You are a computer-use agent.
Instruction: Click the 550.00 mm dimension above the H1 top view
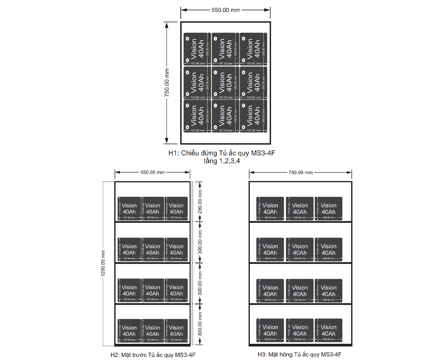(225, 10)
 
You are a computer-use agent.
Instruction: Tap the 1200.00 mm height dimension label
(103, 263)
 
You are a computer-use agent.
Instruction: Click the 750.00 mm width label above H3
(300, 172)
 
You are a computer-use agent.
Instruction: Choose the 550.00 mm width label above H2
(152, 172)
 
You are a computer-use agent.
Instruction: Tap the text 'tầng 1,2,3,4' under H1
(222, 161)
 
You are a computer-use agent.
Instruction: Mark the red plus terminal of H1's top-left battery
(187, 60)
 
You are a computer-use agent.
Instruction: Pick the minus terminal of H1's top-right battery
(244, 39)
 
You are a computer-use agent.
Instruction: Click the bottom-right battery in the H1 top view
(253, 116)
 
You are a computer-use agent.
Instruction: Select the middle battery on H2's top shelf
(153, 208)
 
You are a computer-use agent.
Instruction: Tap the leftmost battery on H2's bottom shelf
(129, 330)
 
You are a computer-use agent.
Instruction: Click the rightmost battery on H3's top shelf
(328, 208)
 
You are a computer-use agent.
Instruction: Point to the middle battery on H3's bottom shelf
(300, 330)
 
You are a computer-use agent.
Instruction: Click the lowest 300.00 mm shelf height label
(200, 324)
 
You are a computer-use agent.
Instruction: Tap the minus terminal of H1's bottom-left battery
(187, 105)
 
